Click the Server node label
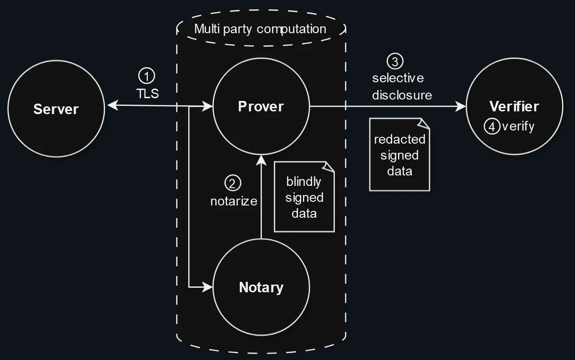(56, 110)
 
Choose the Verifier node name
(514, 106)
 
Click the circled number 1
(146, 76)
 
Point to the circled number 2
(232, 183)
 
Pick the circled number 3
(395, 61)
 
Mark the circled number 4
(492, 126)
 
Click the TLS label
(148, 94)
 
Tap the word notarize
(234, 201)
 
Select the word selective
(398, 78)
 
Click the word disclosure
(402, 95)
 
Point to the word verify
(518, 126)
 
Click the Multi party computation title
(260, 29)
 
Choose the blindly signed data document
(304, 197)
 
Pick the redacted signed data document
(399, 155)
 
